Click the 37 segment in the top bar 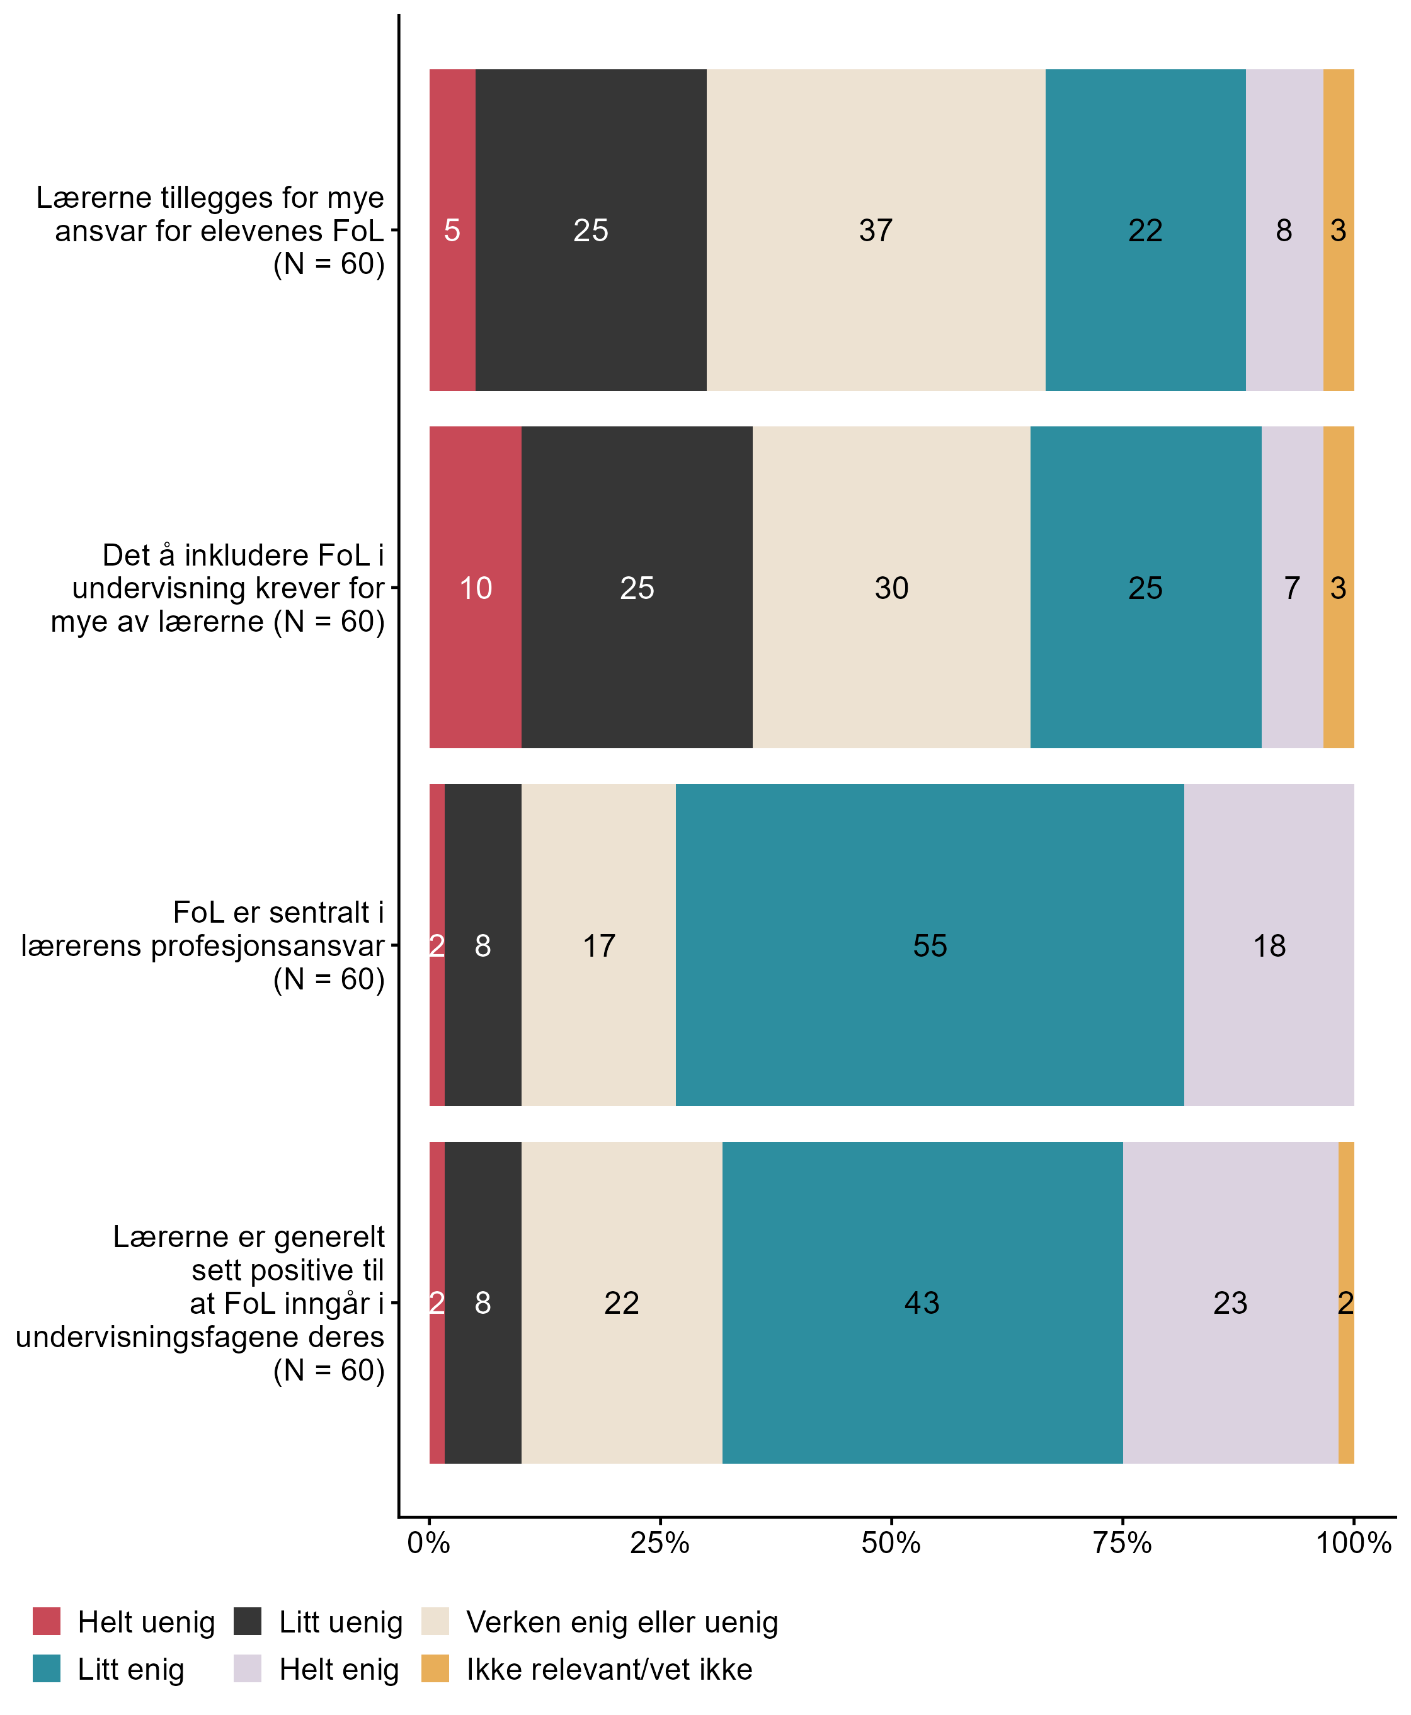pos(876,230)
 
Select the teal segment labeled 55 pos(929,945)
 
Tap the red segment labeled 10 pos(476,587)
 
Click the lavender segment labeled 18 pos(1269,945)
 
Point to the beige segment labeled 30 pos(891,587)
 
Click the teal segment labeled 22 pos(1145,230)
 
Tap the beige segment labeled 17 pos(598,945)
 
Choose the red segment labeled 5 pos(452,230)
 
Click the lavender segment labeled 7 pos(1291,587)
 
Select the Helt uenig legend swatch pos(47,1622)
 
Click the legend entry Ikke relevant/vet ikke pos(608,1668)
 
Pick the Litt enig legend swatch pos(47,1668)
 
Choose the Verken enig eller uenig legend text pos(622,1622)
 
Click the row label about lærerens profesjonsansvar pos(203,945)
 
